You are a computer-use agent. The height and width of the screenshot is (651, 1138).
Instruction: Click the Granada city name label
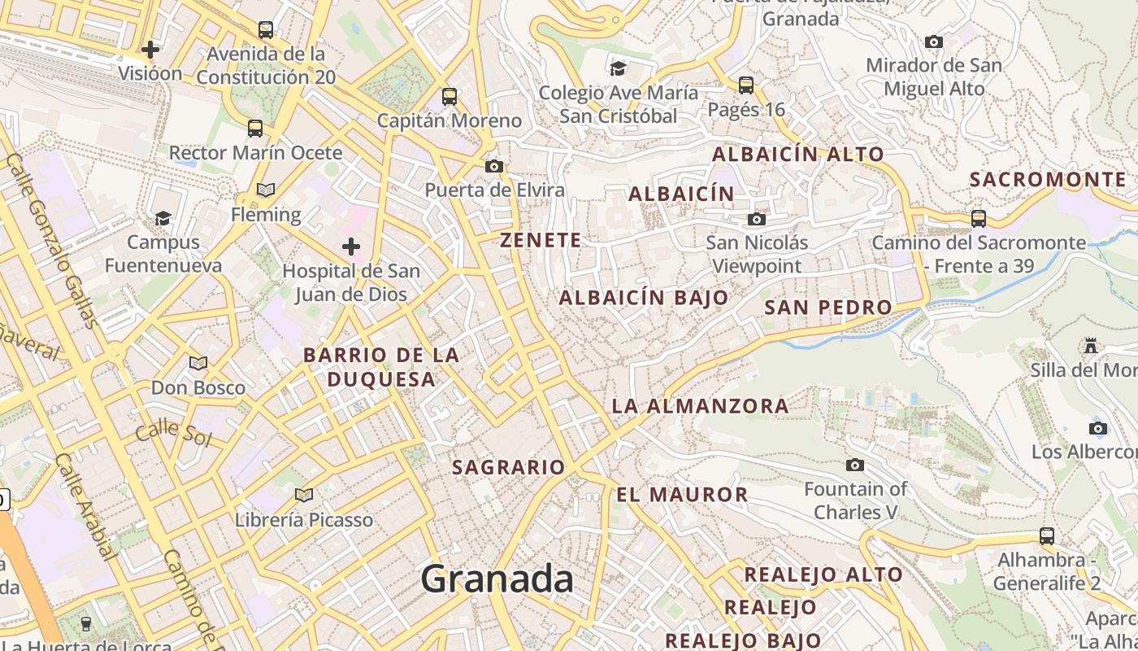[x=497, y=579]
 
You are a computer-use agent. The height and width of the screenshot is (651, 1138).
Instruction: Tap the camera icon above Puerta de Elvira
[x=493, y=166]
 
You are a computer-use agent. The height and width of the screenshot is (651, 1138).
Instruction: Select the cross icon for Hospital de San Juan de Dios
[x=351, y=246]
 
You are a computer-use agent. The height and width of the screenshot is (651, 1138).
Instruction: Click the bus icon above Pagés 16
[x=746, y=85]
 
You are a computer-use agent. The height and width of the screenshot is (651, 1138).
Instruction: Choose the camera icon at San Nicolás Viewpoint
[x=757, y=219]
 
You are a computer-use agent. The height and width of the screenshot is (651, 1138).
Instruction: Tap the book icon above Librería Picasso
[x=304, y=495]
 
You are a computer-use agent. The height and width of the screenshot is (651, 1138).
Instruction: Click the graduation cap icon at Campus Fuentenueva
[x=163, y=218]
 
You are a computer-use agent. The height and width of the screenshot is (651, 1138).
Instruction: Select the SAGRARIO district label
[x=508, y=467]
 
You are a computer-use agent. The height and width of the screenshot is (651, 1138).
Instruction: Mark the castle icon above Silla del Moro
[x=1091, y=346]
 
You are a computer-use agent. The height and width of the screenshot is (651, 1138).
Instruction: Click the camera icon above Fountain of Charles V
[x=855, y=465]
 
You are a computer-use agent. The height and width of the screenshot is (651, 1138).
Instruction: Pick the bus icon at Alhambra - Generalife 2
[x=1047, y=536]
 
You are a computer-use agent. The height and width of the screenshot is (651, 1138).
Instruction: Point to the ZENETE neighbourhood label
[x=541, y=240]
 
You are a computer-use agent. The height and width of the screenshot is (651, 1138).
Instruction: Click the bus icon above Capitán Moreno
[x=450, y=97]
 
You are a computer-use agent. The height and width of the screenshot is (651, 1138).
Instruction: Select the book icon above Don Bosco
[x=198, y=363]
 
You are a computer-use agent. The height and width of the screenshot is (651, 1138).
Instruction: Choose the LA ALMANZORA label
[x=700, y=405]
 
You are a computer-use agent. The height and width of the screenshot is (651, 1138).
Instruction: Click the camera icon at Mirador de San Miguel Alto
[x=934, y=42]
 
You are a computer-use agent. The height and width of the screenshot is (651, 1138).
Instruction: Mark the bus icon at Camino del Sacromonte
[x=979, y=218]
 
